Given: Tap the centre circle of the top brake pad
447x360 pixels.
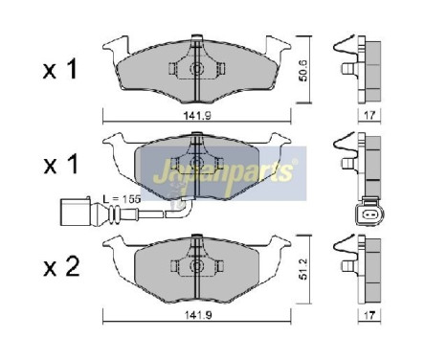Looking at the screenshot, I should pyautogui.click(x=195, y=70).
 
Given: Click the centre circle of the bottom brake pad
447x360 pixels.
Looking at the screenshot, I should pyautogui.click(x=195, y=269).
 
